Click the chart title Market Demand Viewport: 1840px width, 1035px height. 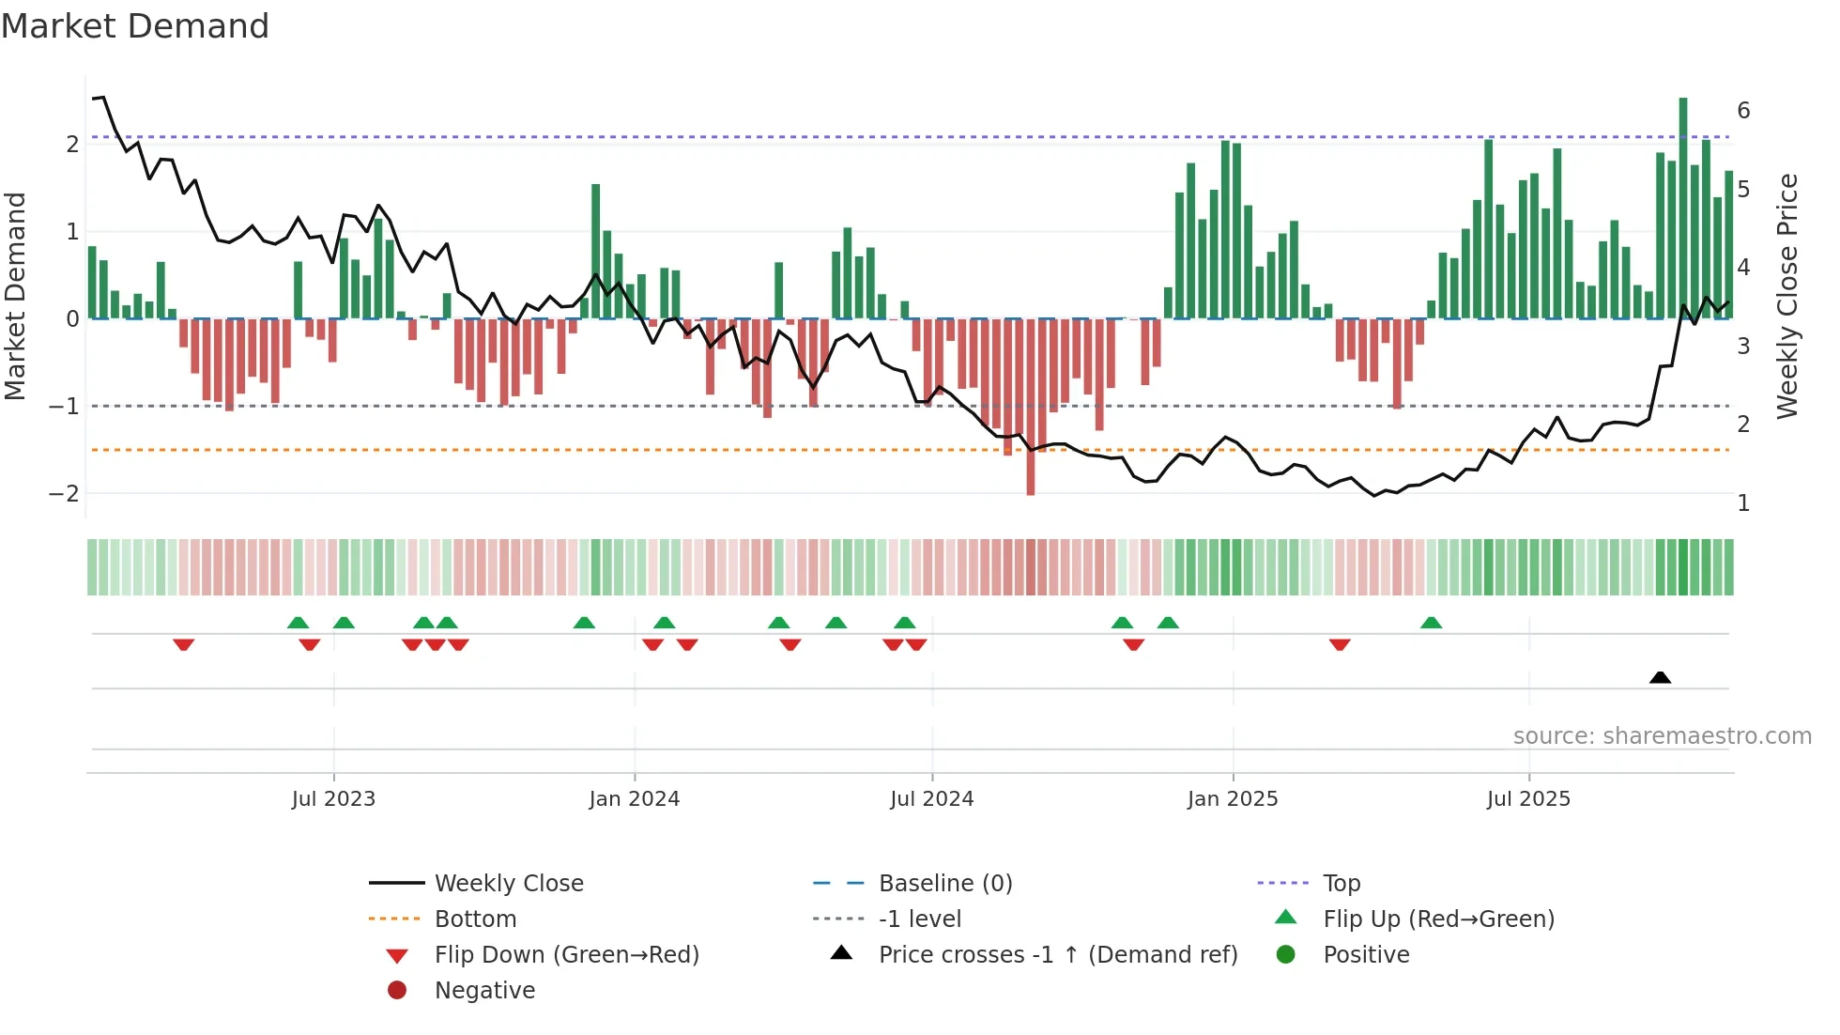(135, 26)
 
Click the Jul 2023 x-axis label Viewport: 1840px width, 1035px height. (333, 799)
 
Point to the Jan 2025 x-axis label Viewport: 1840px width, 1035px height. (1232, 799)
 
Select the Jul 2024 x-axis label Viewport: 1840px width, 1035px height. (931, 799)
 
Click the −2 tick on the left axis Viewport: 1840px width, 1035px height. (64, 493)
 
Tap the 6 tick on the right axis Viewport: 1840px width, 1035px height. (1743, 111)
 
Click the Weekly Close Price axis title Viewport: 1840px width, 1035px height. (1787, 296)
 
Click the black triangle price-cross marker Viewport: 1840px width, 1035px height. (1660, 677)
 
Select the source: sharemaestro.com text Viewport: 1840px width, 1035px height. (1662, 735)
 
